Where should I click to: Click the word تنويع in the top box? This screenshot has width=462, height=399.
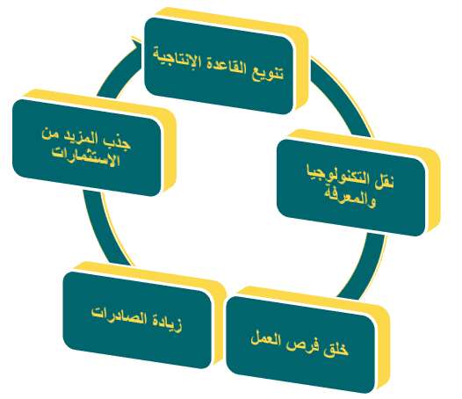tap(268, 71)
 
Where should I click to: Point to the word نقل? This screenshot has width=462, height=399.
tap(384, 182)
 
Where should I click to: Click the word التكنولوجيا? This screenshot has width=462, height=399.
tap(338, 176)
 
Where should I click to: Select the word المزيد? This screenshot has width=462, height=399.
tap(83, 138)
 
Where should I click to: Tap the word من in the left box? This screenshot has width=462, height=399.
tap(51, 135)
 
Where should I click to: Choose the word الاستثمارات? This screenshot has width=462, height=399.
tap(86, 159)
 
